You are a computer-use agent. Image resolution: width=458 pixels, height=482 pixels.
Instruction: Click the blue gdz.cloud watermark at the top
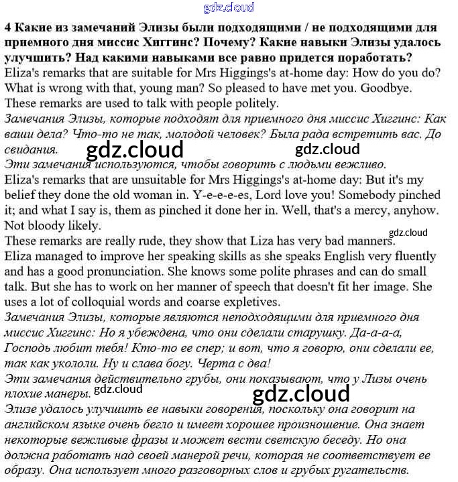229,8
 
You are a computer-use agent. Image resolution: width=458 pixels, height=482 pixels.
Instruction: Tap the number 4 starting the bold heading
7,28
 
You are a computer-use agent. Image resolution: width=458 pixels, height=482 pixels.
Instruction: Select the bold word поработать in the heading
371,58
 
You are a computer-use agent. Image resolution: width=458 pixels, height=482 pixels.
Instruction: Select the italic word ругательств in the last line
368,470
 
